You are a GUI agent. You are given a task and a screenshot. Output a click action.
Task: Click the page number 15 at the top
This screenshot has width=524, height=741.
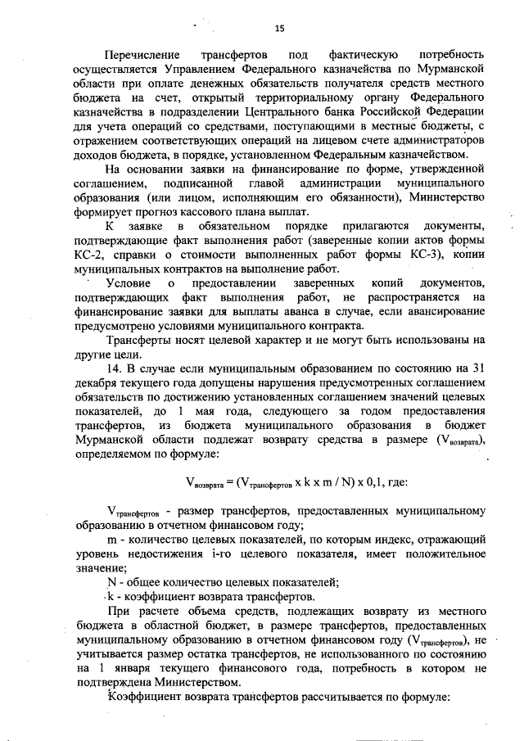[278, 29]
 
